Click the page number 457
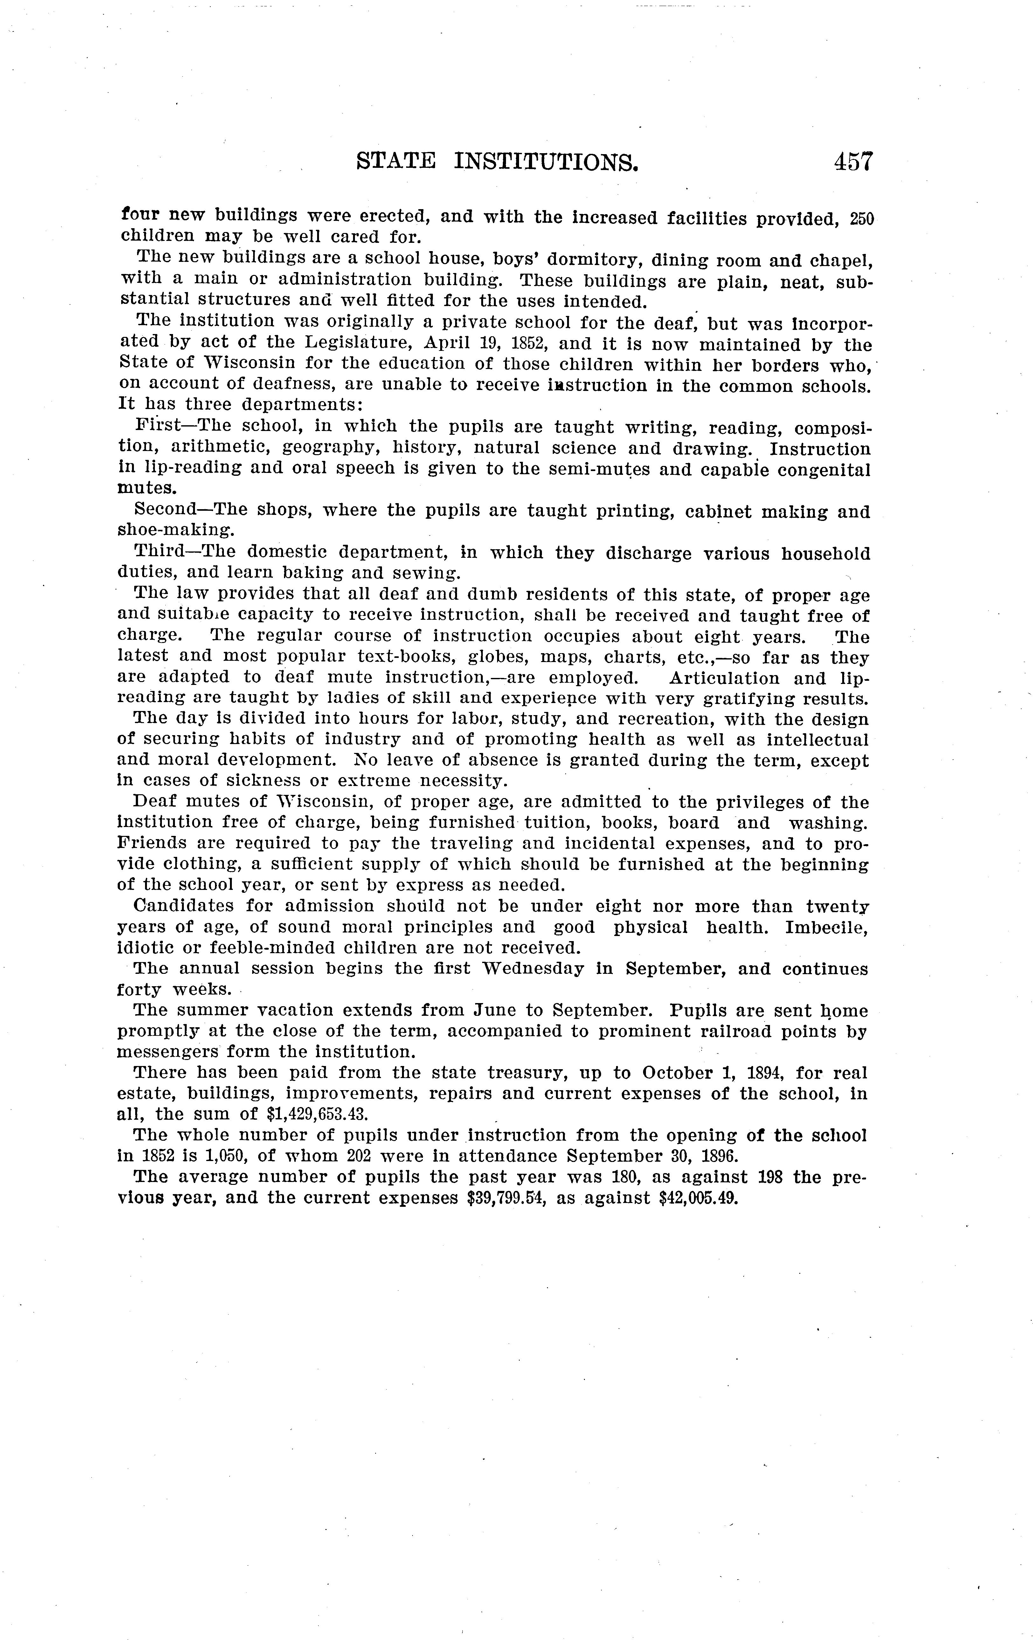pos(852,162)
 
